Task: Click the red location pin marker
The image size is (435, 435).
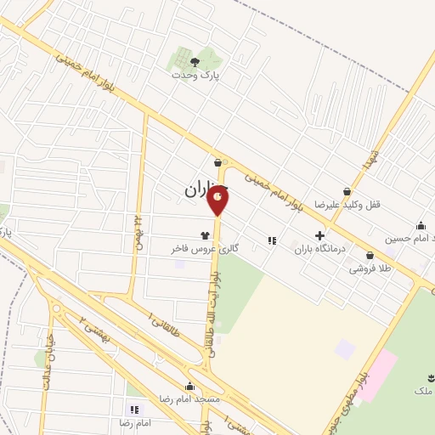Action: coord(218,200)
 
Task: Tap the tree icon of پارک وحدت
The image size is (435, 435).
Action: coord(195,61)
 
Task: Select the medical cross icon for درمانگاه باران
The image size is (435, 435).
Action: coord(319,235)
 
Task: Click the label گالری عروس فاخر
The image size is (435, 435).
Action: coord(204,250)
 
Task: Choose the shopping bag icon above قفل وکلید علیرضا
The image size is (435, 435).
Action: coord(347,192)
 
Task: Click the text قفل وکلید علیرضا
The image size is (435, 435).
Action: coord(345,206)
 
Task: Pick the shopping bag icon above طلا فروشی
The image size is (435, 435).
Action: coord(370,255)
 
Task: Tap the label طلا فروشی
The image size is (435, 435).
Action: coord(369,268)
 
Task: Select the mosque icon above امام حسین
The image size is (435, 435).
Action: coord(421,225)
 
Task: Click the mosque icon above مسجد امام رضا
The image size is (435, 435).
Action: coord(190,384)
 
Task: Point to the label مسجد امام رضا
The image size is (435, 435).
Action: coord(190,398)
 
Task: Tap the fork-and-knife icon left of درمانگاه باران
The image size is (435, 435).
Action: coord(272,240)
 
